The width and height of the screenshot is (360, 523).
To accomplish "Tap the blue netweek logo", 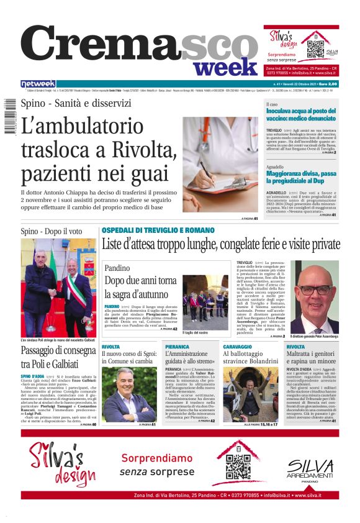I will point(38,84).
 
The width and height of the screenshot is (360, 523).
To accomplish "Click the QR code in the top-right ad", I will point(315,45).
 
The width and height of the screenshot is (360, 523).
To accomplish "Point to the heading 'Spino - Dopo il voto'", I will point(52,231).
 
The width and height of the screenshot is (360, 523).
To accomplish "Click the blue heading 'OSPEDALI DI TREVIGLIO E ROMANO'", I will point(158,230).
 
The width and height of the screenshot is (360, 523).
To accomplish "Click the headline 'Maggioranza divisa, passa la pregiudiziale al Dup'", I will point(302,178).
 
